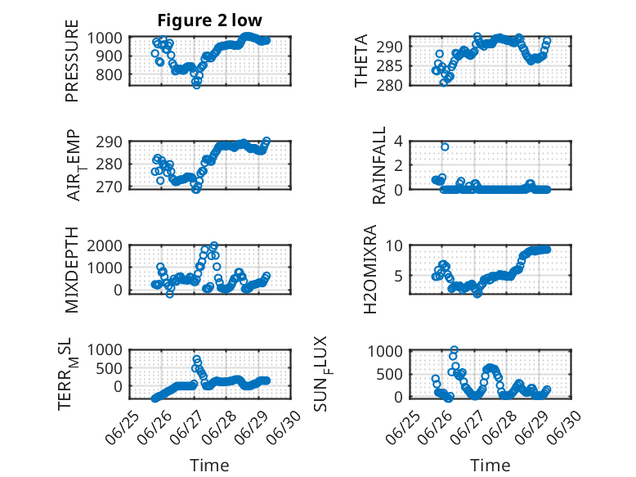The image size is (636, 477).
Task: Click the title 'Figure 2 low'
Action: coord(210,20)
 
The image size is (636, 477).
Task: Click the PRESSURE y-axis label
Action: coord(71,61)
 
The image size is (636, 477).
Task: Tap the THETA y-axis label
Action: coord(361,61)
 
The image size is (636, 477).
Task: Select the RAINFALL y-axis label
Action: coord(378,165)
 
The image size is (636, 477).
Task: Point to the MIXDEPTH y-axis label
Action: coord(71,269)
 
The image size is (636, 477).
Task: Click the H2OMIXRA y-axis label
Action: coord(370,269)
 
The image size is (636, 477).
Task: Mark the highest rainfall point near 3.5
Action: coord(445,146)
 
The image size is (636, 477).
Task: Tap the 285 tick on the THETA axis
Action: coord(390,65)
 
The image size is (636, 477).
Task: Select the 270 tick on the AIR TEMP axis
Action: coord(109,187)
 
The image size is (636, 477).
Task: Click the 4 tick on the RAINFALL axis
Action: coord(399,142)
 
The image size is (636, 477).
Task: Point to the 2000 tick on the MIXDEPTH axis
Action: coord(105,245)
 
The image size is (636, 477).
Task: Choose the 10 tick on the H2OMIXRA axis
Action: coord(394,245)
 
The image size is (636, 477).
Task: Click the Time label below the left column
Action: coord(210,466)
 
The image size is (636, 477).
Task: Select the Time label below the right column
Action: coord(490,466)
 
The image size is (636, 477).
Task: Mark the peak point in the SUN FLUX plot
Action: coord(455,349)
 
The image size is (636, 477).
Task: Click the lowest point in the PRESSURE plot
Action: coord(197,85)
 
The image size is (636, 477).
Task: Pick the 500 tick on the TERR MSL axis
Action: coord(109,368)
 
